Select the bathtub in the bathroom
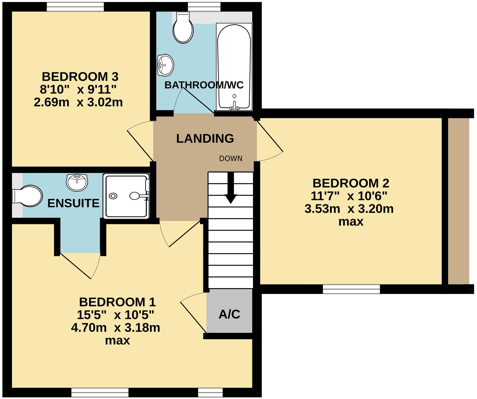234,66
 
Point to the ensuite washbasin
77,182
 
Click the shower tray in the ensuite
126,196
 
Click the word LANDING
205,139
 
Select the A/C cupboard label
229,314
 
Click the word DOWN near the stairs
231,159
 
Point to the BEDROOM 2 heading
351,183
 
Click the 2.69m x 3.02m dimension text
78,102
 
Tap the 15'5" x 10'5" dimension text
115,315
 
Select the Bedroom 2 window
351,289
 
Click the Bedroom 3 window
75,7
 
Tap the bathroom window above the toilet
204,7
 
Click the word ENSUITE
73,203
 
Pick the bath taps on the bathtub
234,106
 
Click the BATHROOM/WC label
204,85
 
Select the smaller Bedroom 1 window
210,392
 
